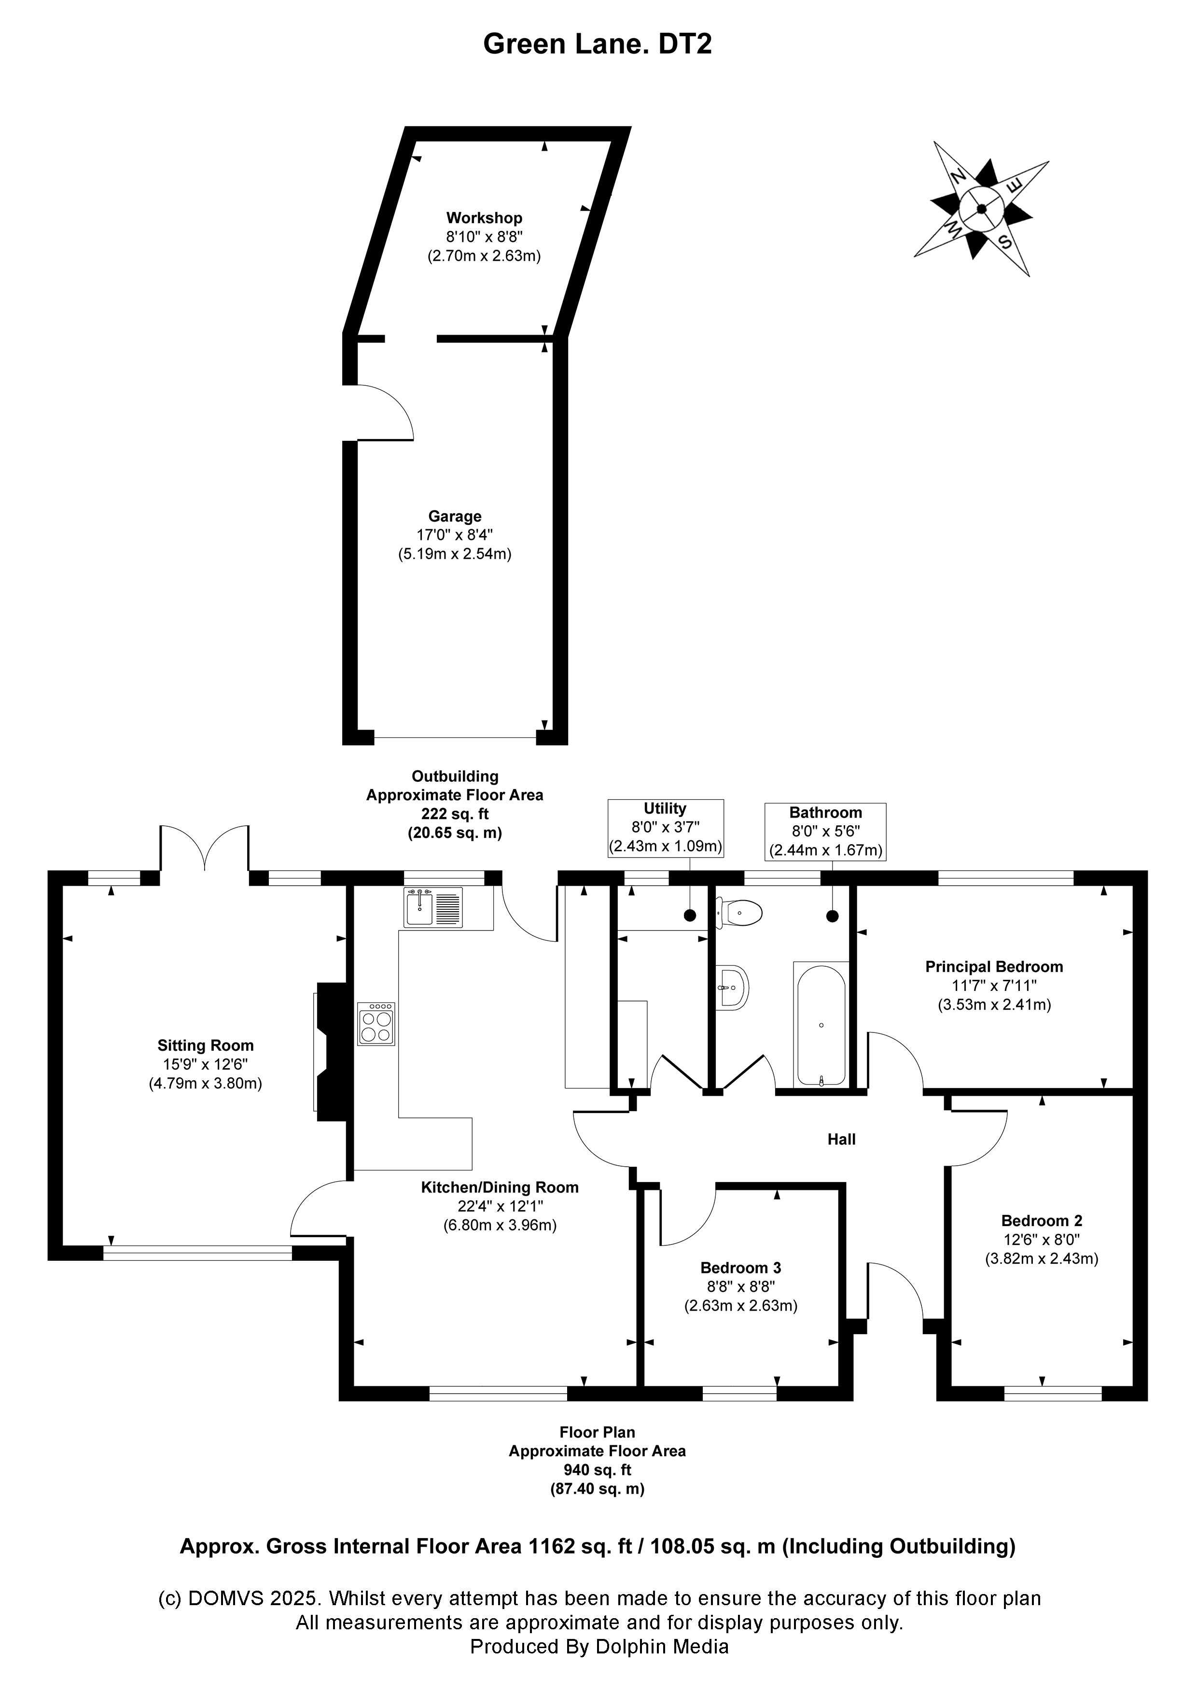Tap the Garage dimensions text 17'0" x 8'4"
click(x=455, y=535)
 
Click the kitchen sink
click(x=433, y=907)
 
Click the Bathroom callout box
click(x=825, y=832)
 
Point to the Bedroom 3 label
click(x=740, y=1268)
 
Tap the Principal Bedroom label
click(x=994, y=967)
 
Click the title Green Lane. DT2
click(x=598, y=44)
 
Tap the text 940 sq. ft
click(x=598, y=1470)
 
